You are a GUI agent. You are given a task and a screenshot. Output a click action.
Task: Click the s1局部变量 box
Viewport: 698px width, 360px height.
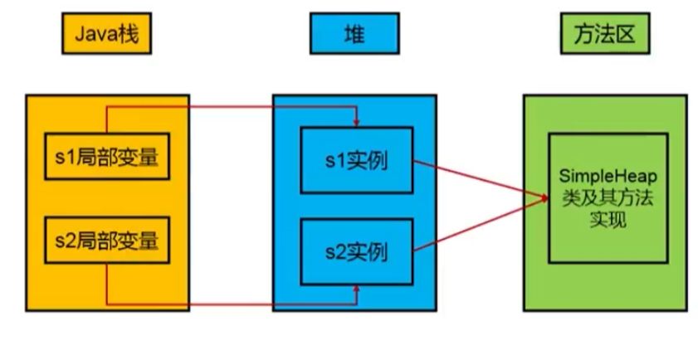coord(107,156)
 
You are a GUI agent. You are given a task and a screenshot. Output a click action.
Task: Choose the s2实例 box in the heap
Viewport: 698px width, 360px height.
coord(356,249)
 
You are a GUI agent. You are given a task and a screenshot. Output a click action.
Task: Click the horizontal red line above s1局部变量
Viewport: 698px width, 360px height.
coord(232,107)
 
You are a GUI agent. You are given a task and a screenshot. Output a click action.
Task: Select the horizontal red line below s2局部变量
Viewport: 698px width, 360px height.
coord(232,304)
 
